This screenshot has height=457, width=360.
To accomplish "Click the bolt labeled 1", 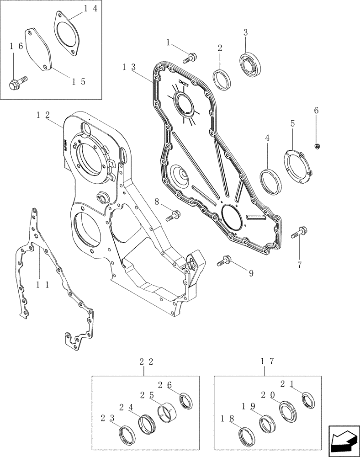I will (x=189, y=58).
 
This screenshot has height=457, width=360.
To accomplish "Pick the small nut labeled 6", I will (x=317, y=146).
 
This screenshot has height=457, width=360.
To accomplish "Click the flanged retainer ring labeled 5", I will (x=297, y=165).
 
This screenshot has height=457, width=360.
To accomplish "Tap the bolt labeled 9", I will (x=224, y=260).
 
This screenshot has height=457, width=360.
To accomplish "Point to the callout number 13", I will (x=129, y=67).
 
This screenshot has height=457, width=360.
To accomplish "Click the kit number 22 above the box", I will (x=145, y=362).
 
